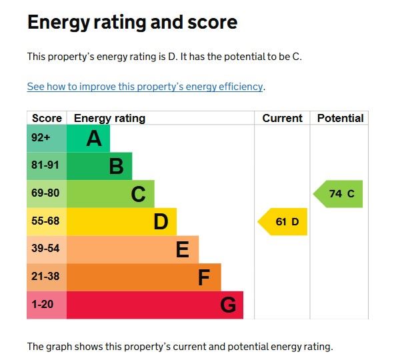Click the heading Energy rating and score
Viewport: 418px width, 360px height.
132,23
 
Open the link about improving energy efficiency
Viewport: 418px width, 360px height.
145,87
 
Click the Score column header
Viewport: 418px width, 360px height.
47,119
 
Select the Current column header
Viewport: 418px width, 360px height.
282,119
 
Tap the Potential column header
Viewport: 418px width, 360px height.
340,119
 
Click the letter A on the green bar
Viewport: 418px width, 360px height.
94,139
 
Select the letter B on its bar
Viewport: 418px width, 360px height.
116,166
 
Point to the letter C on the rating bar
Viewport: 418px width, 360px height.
138,194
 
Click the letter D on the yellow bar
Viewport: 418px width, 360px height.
161,221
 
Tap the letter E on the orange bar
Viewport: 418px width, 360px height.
183,249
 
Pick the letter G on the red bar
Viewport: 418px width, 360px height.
228,305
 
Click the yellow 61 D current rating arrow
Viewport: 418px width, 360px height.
284,222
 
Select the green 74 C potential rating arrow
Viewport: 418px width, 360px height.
339,194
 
